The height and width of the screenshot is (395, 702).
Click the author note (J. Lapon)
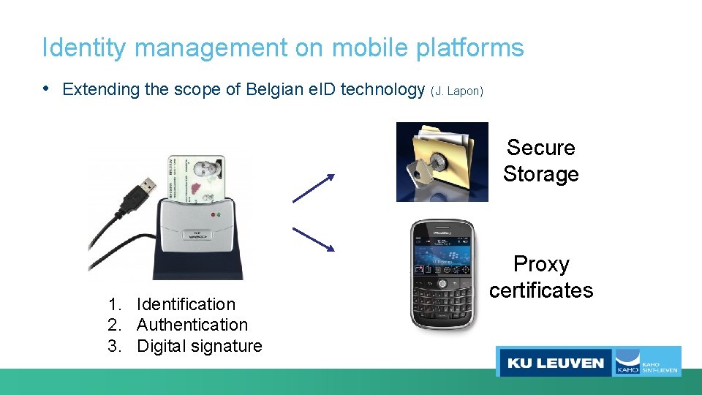[x=457, y=91]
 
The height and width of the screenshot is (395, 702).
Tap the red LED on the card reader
[x=212, y=214]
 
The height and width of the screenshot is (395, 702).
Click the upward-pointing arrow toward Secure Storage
[x=314, y=187]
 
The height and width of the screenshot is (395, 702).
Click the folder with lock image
[x=442, y=162]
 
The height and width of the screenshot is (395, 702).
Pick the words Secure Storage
[x=541, y=161]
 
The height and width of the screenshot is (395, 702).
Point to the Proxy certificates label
[x=541, y=277]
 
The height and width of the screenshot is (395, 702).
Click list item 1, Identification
[x=186, y=304]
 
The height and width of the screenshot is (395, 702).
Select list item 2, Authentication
[x=192, y=325]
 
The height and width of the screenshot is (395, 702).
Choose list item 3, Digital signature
[x=199, y=346]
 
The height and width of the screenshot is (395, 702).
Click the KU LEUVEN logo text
[x=556, y=362]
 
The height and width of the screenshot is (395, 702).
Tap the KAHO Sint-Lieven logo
[x=646, y=362]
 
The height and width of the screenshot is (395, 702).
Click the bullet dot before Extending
[x=47, y=89]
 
